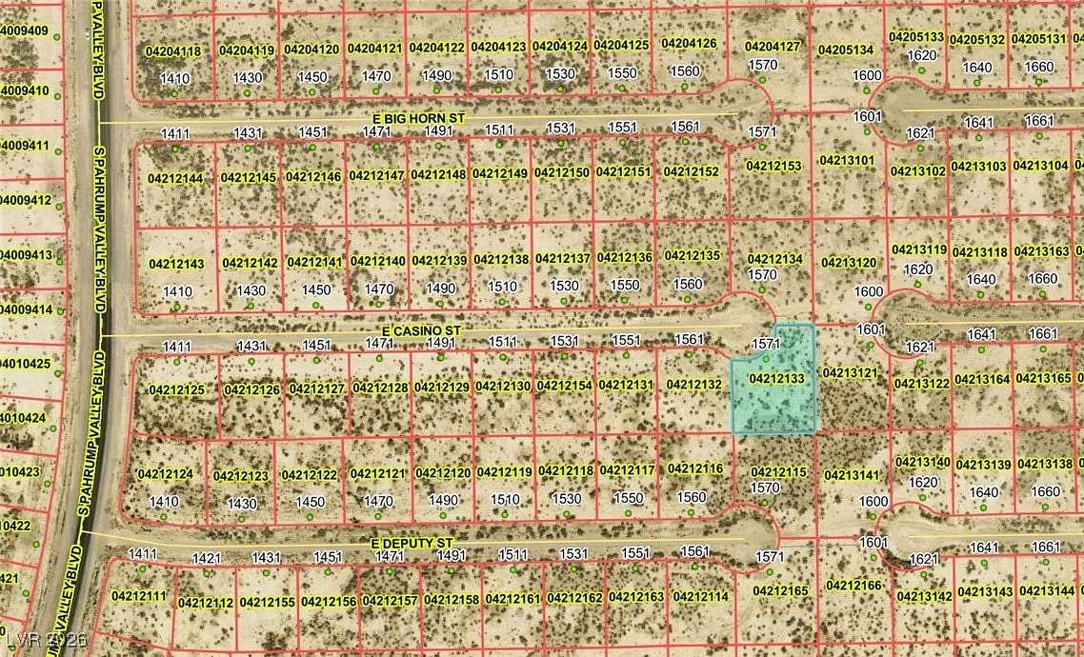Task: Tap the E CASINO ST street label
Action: [416, 330]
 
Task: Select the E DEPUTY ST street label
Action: [412, 543]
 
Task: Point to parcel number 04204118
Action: [173, 50]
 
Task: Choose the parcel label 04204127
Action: [773, 46]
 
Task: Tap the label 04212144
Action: [175, 178]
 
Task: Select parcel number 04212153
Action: [773, 166]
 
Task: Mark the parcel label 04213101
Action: [847, 160]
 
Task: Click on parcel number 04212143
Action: [176, 264]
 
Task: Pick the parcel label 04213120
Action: [848, 263]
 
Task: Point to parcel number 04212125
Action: [176, 390]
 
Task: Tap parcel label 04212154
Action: [563, 386]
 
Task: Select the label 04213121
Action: [848, 372]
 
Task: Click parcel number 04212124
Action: [165, 474]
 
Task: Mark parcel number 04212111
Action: [139, 596]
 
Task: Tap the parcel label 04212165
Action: [780, 591]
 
